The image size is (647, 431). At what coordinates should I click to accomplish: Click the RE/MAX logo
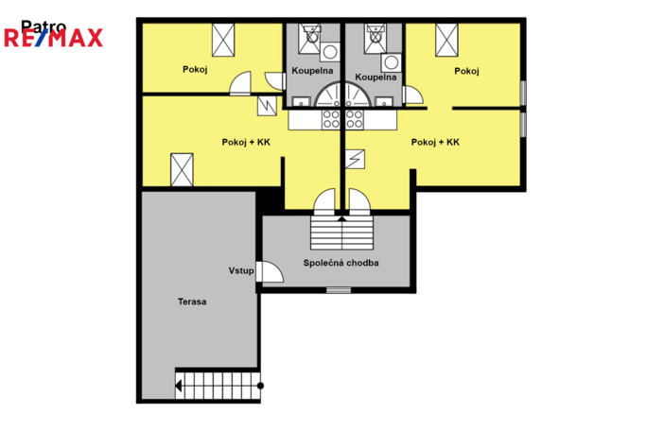[x=53, y=38]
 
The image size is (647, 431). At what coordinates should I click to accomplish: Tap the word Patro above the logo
[x=44, y=26]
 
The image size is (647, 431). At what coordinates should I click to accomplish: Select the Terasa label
[x=192, y=302]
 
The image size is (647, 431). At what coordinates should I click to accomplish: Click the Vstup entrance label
[x=241, y=271]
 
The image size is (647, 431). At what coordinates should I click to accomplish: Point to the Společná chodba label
[x=341, y=263]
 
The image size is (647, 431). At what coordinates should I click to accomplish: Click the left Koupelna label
[x=312, y=71]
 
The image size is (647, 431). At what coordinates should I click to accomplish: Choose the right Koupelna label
[x=376, y=78]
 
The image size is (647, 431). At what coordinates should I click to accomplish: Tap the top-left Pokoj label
[x=195, y=69]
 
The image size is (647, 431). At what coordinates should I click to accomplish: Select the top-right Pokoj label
[x=466, y=71]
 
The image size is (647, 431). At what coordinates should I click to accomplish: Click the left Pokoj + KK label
[x=246, y=143]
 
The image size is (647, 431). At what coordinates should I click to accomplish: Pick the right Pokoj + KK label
[x=435, y=143]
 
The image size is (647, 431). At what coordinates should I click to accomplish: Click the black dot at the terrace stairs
[x=260, y=386]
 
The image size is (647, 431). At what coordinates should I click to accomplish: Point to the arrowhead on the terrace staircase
[x=178, y=386]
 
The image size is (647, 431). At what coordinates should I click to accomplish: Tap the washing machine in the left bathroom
[x=330, y=52]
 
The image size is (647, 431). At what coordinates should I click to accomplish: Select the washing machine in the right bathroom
[x=392, y=62]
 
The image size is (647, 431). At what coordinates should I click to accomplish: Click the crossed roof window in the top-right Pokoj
[x=446, y=40]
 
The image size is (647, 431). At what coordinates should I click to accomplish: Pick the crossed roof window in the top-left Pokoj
[x=223, y=40]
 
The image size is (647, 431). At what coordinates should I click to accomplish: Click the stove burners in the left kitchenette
[x=331, y=119]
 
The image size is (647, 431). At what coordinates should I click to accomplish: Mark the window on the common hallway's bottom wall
[x=339, y=290]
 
